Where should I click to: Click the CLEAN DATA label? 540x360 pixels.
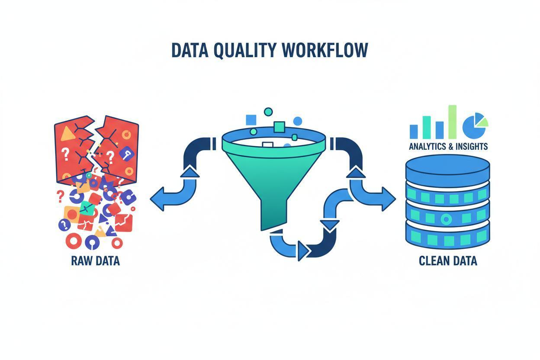coord(448,261)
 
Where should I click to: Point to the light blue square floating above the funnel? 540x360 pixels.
coord(251,120)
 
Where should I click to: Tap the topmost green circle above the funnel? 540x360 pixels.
coord(268,112)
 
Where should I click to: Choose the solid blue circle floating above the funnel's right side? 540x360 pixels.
coord(298,121)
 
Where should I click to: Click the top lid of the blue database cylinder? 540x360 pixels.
coord(448,166)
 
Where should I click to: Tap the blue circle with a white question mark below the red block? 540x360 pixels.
coord(64,225)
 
